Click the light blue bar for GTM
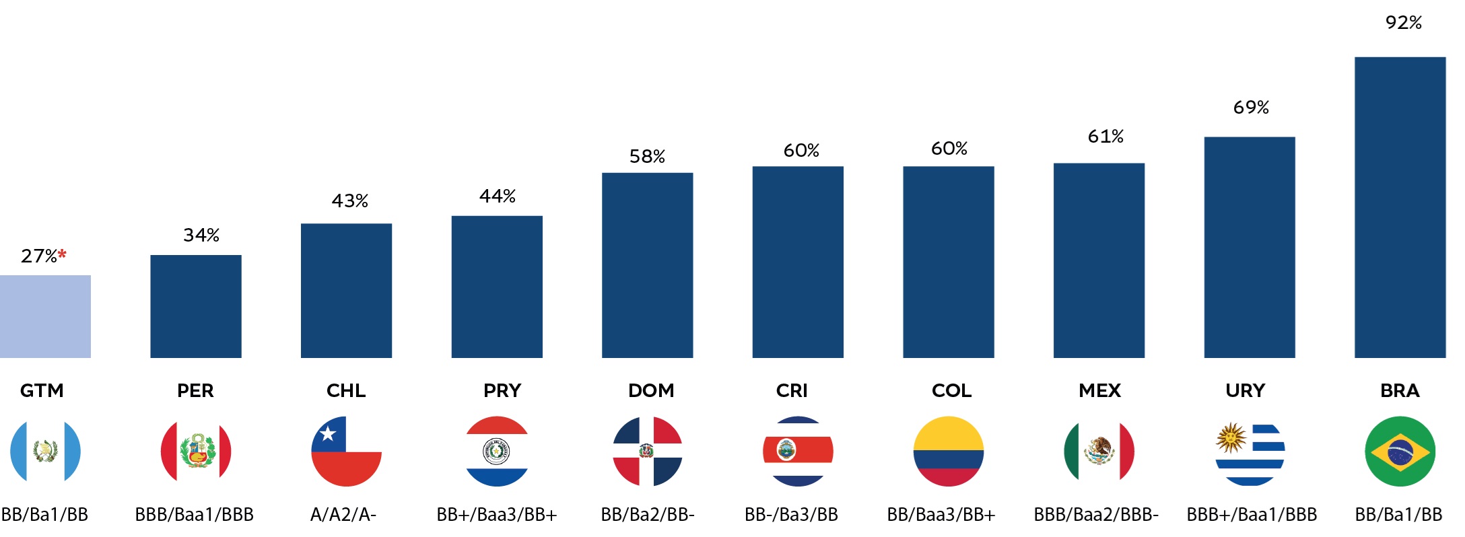45,316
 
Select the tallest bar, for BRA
1400,207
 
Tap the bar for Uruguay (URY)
1249,247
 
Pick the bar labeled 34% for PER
195,306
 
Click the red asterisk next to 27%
63,254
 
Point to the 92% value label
1403,23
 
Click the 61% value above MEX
1105,137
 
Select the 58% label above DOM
647,157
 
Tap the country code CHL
346,391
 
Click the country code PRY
502,391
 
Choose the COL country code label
951,391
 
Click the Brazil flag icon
1400,452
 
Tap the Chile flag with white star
346,452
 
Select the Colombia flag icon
948,452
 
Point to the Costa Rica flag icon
798,452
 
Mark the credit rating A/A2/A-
343,515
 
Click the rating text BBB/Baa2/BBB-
1096,515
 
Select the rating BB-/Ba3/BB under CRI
791,515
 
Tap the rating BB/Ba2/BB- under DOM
647,515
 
